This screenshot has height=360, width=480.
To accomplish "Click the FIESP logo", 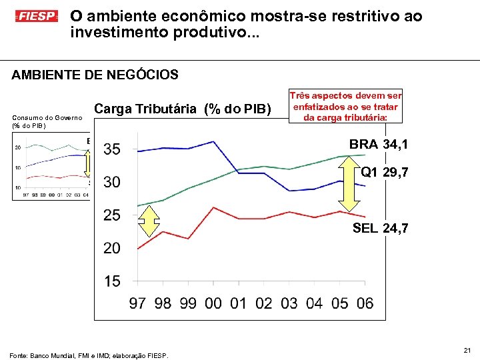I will pyautogui.click(x=37, y=15).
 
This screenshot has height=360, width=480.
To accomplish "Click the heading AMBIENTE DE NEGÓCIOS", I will pyautogui.click(x=95, y=75).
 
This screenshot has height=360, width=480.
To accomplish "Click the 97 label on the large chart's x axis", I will pyautogui.click(x=137, y=304).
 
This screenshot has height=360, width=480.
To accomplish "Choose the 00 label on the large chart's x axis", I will pyautogui.click(x=213, y=304).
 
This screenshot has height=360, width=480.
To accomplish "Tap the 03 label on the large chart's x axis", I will pyautogui.click(x=289, y=304).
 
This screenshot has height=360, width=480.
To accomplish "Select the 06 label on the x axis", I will pyautogui.click(x=365, y=304).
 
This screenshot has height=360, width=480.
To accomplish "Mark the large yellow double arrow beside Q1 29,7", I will pyautogui.click(x=341, y=189).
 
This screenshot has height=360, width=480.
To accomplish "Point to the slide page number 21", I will pyautogui.click(x=467, y=349).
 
